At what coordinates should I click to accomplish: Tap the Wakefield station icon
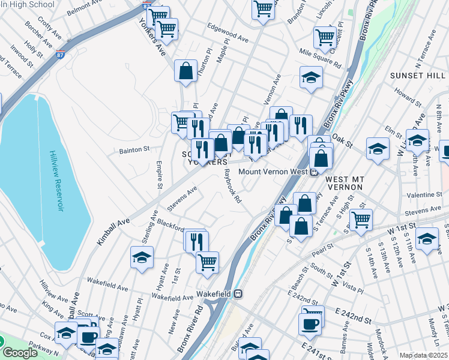[238, 294]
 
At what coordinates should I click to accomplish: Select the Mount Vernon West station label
[273, 172]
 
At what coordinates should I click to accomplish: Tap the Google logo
[20, 353]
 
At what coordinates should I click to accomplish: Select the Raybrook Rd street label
[232, 187]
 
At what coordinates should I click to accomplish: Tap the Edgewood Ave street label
[228, 34]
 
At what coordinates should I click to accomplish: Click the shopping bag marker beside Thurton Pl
[186, 70]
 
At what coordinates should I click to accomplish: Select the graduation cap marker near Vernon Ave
[311, 77]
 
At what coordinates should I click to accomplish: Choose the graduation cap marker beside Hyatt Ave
[142, 259]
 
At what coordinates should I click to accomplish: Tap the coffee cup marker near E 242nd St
[310, 324]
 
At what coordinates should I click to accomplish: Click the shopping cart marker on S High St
[361, 220]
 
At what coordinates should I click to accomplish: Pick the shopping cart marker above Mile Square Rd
[325, 37]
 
